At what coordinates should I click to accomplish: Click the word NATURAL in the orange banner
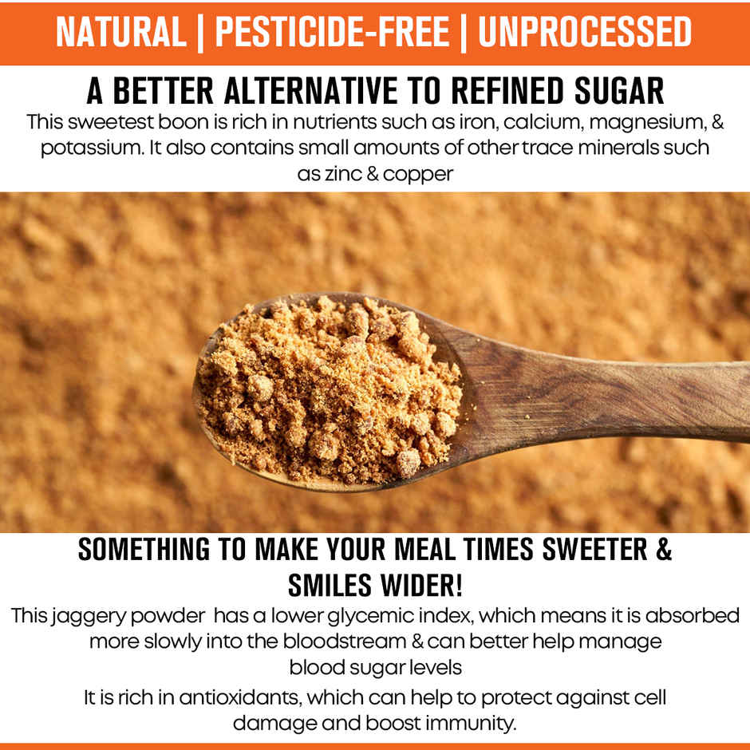tap(120, 32)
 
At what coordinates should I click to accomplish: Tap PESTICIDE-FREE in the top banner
tap(330, 32)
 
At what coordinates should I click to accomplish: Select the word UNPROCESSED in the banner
tap(585, 32)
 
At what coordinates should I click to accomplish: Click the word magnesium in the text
tap(619, 123)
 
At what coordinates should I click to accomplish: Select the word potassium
tap(79, 148)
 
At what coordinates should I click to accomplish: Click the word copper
tap(418, 174)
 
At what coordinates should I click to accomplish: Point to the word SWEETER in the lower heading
tap(587, 550)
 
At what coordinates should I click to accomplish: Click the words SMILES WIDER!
tap(375, 586)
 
